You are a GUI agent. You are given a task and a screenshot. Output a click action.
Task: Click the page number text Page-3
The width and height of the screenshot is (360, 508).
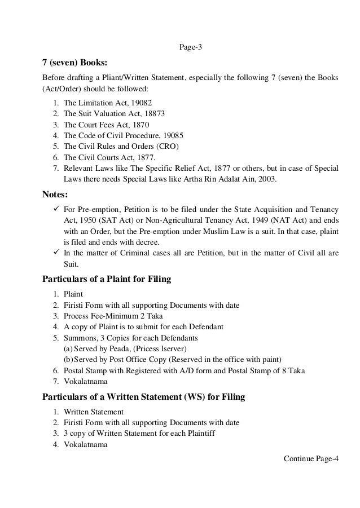(191, 47)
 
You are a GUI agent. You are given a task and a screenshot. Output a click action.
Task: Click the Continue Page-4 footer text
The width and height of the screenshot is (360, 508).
(312, 457)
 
